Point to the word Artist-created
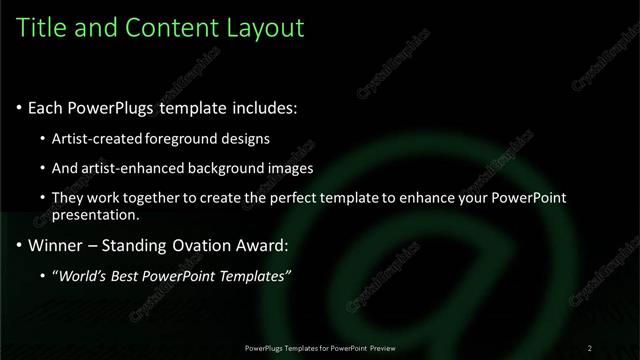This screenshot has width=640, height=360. coord(96,139)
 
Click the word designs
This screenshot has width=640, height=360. coord(246,139)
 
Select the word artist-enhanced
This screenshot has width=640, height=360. coord(133,168)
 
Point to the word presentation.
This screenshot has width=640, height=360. coord(96,215)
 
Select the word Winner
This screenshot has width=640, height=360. coord(57,245)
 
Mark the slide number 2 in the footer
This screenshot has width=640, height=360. coord(590,348)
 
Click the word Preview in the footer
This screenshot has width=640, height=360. coord(381,348)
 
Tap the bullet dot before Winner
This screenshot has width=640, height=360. coord(19,246)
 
